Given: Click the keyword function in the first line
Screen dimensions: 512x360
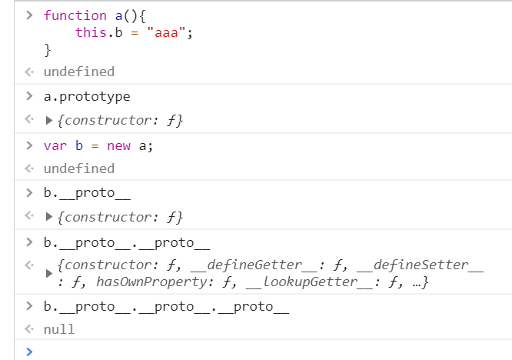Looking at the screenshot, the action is point(75,15).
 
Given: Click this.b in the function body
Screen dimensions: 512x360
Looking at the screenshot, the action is point(100,32).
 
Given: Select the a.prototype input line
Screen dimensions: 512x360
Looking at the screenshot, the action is point(87,96).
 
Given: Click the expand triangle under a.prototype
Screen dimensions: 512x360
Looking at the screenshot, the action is point(51,121).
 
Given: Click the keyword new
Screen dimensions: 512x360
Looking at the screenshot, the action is point(119,145).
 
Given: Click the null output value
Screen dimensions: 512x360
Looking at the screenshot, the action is point(59,329).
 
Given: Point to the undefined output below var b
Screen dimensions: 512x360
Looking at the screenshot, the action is point(78,168).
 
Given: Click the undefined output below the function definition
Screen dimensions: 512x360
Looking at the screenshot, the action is point(78,72).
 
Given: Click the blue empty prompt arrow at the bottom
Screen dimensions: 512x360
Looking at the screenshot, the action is point(29,352).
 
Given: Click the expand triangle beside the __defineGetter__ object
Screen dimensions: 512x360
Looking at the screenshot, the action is point(49,275).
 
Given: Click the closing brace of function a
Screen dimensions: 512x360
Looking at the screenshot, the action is point(48,50).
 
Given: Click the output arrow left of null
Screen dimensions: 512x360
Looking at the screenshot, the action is point(29,329).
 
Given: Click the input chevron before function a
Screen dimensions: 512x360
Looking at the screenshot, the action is point(29,15).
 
